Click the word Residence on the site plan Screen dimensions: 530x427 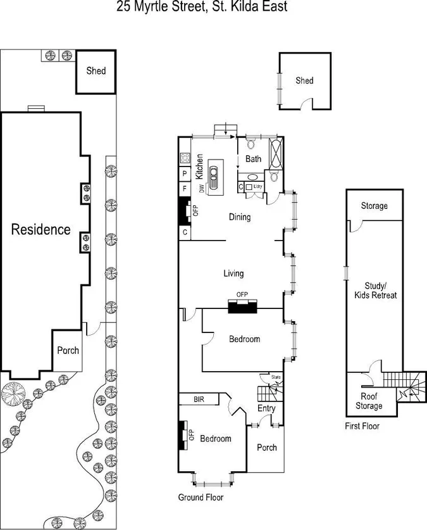41,229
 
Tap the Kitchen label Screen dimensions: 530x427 199,165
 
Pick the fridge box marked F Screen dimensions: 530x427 185,189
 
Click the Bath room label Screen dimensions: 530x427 254,159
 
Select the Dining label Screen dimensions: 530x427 240,217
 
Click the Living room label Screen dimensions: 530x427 233,274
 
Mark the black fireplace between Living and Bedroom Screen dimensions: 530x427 243,307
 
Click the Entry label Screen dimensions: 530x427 266,408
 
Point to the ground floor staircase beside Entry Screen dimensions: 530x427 268,388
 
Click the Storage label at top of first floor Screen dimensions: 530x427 374,206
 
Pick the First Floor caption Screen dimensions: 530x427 362,426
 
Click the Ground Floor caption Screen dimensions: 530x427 201,497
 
